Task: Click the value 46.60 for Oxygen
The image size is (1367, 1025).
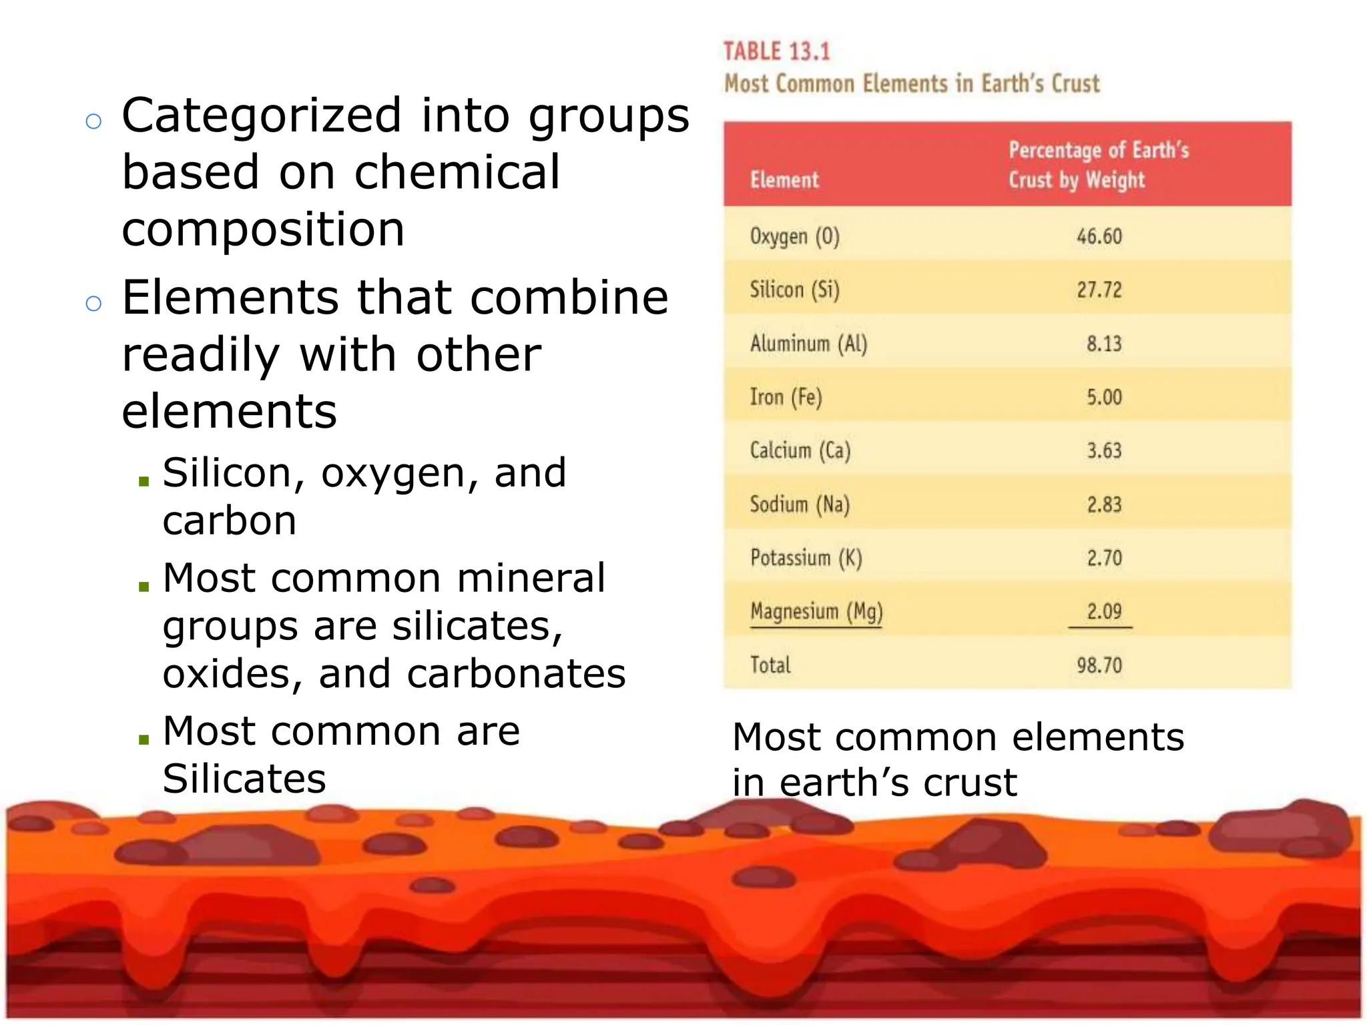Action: point(1099,236)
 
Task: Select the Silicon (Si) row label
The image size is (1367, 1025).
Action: point(794,290)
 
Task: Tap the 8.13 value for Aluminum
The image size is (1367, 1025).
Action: point(1104,344)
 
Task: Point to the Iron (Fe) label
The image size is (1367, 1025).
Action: point(786,398)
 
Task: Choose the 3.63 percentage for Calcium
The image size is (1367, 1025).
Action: point(1104,450)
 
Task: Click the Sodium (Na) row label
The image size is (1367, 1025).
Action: point(799,504)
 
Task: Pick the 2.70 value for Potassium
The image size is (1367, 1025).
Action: point(1104,558)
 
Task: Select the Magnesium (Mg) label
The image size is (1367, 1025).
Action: point(816,612)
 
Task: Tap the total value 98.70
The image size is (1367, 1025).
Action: point(1099,665)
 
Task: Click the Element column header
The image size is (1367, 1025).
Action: point(784,180)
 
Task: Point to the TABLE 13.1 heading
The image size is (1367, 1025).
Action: point(776,52)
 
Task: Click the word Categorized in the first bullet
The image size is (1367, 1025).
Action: point(262,116)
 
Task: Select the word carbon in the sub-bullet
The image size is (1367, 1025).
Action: point(230,521)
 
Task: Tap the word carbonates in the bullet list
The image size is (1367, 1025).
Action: point(516,674)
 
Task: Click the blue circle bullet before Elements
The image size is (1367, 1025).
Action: point(93,304)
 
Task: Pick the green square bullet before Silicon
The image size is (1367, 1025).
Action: point(144,480)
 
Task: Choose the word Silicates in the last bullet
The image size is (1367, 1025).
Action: point(244,779)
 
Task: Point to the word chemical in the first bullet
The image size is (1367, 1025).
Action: point(457,173)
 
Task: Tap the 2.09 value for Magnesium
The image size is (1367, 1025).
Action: point(1104,612)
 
